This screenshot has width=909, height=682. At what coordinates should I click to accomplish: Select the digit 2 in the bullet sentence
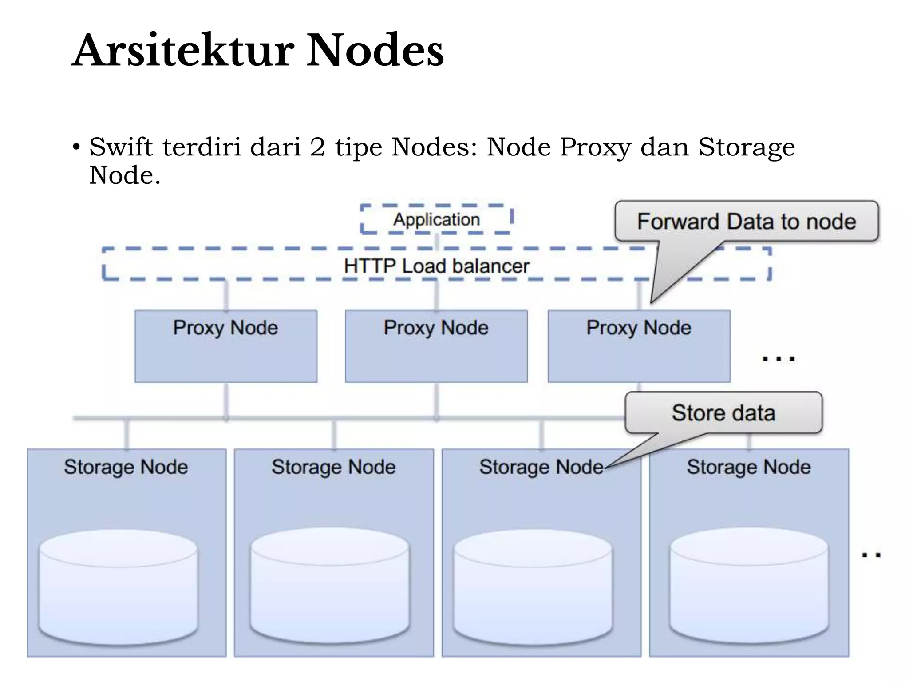click(x=317, y=147)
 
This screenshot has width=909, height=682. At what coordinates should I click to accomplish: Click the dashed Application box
click(x=436, y=219)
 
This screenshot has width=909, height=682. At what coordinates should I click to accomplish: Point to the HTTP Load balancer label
click(x=436, y=266)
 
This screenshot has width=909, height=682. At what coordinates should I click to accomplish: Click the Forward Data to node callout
click(x=747, y=221)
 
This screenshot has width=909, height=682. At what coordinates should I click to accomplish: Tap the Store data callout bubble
click(x=723, y=412)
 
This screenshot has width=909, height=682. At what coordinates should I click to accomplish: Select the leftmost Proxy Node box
click(x=226, y=346)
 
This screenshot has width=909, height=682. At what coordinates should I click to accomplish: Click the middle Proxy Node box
click(x=436, y=346)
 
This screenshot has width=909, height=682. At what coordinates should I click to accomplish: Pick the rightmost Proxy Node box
click(x=639, y=346)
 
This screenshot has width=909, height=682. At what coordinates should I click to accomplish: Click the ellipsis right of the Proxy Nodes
click(x=779, y=359)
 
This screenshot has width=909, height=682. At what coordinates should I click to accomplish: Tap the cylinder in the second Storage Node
click(x=330, y=586)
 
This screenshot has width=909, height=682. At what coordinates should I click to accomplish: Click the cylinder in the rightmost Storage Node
click(x=749, y=586)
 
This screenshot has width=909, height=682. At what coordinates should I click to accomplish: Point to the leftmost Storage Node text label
click(x=126, y=467)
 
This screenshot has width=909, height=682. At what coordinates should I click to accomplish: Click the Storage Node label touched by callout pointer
click(x=541, y=467)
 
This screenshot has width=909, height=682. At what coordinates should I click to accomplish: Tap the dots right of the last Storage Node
click(x=871, y=555)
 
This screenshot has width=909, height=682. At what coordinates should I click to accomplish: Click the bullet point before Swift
click(x=76, y=147)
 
